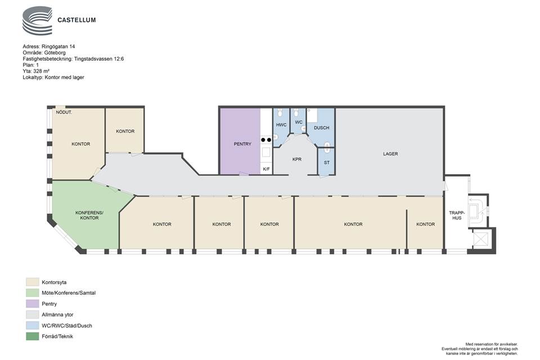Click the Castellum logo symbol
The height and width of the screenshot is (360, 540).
[37, 21]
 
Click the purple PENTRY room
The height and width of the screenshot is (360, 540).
[240, 141]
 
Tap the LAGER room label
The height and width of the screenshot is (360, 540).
[390, 154]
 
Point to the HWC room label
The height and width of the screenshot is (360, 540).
[281, 125]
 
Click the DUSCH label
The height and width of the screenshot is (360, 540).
[321, 128]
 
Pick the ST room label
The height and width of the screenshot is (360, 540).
[326, 163]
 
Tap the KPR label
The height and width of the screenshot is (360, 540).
[296, 160]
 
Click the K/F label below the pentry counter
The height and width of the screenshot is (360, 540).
[266, 169]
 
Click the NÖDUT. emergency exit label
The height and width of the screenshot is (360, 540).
[64, 112]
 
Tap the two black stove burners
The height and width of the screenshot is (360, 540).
[266, 140]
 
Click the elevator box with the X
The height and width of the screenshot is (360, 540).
[481, 238]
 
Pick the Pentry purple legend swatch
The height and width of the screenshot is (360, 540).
[33, 304]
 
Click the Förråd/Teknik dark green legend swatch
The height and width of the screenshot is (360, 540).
[33, 336]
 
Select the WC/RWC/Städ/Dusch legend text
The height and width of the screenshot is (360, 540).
[67, 326]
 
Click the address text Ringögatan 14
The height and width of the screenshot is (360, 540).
[58, 47]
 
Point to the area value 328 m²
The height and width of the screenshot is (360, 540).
[41, 71]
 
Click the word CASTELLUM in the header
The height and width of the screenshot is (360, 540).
[76, 20]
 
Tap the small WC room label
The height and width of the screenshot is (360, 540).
[299, 122]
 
